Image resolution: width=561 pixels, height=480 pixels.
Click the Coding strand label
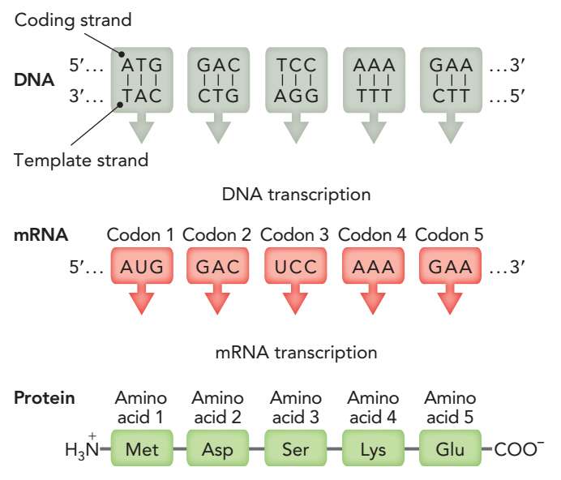73,19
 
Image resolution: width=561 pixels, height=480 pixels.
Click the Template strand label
81,160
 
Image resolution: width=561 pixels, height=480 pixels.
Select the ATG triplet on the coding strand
142,65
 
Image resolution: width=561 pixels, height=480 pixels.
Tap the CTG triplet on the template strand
218,96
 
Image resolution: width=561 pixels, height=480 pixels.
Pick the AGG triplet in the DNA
296,96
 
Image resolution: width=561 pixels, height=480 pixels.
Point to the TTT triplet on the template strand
374,96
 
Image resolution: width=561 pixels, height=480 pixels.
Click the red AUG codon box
142,266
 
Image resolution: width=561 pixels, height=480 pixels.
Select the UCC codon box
296,266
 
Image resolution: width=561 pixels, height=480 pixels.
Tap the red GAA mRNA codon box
450,266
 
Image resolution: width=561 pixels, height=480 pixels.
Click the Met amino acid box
142,448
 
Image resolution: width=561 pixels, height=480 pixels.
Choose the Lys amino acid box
373,448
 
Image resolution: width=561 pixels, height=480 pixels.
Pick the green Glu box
450,448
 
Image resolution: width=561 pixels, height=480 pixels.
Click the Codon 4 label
372,235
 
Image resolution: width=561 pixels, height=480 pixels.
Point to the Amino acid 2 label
217,407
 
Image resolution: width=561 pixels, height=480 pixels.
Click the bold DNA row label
34,79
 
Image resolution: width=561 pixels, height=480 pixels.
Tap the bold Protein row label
44,397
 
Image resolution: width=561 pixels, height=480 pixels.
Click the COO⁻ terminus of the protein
519,449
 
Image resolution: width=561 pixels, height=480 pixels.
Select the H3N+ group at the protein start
82,448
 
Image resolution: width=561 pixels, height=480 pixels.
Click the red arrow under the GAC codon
217,299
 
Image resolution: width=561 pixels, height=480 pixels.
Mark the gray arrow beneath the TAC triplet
142,128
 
